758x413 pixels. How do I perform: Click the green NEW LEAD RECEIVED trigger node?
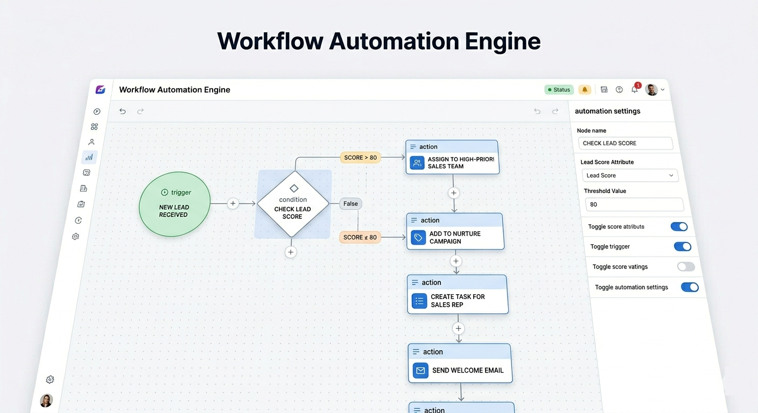(x=174, y=204)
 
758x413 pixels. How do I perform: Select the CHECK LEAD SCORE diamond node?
(x=293, y=204)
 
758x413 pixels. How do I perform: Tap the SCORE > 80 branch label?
(x=360, y=158)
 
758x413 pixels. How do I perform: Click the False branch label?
(x=350, y=204)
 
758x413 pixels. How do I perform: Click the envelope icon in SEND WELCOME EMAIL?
(x=420, y=371)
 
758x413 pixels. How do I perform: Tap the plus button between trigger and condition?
(x=233, y=203)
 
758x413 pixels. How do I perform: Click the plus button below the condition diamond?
(x=291, y=252)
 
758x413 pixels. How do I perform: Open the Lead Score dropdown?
(x=629, y=175)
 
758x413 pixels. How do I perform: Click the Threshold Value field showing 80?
(x=634, y=204)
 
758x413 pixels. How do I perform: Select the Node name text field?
(x=625, y=143)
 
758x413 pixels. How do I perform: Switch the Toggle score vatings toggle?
(x=686, y=267)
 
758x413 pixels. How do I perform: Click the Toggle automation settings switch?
(x=690, y=287)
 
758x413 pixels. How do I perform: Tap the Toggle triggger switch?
(x=683, y=246)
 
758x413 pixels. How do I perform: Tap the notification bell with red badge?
(x=635, y=89)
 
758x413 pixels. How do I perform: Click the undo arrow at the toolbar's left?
(x=123, y=111)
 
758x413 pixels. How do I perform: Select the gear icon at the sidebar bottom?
(x=50, y=380)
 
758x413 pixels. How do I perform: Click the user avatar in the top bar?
(x=651, y=90)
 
